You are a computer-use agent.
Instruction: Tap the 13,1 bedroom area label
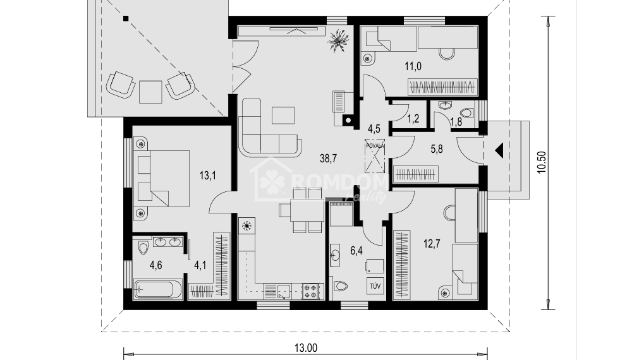coord(207,176)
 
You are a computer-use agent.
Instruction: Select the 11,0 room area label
coord(413,64)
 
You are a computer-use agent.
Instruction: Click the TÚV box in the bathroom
coord(375,285)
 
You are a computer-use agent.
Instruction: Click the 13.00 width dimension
coord(305,347)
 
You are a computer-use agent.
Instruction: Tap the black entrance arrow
coord(499,151)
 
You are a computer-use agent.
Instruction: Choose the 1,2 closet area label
coord(413,117)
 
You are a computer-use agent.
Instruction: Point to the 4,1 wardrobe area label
coord(200,265)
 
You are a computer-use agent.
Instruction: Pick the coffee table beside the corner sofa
coord(283,116)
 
